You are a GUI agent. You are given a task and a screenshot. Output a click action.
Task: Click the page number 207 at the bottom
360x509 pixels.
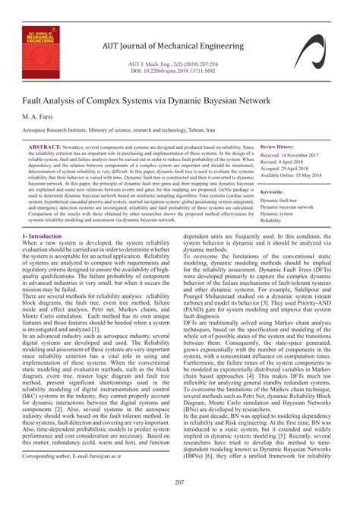tap(180, 483)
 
